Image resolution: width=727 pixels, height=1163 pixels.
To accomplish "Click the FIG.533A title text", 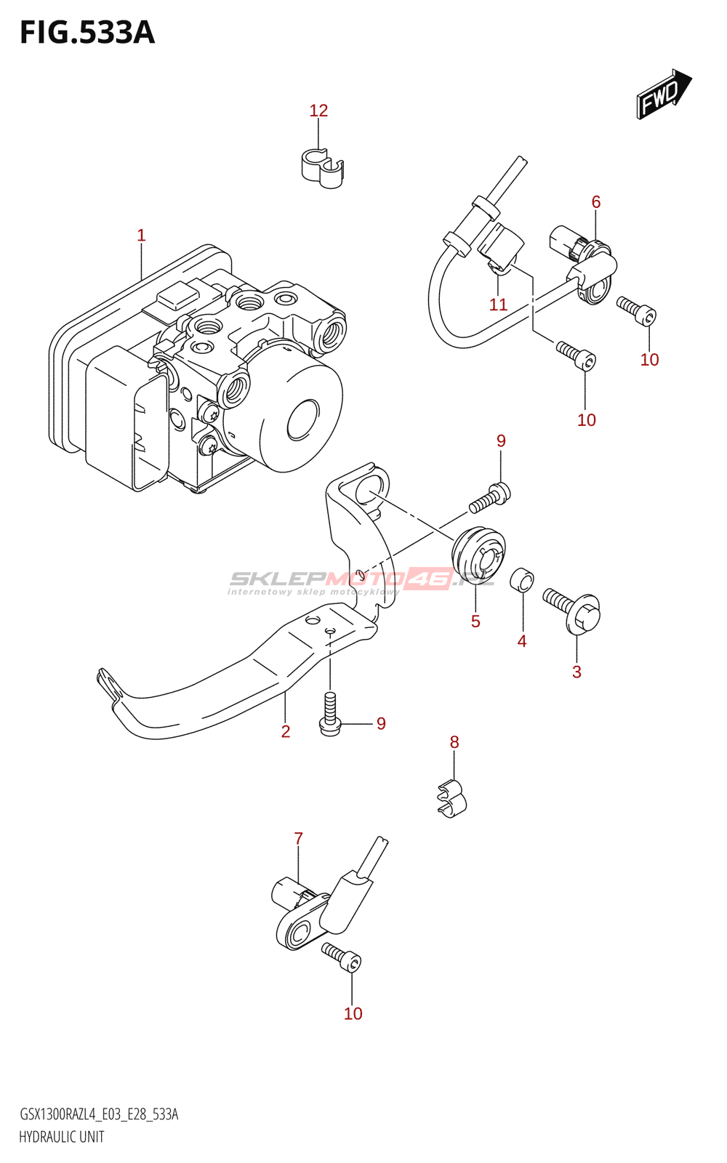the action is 87,33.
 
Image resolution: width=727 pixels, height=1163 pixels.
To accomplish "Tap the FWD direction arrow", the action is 664,94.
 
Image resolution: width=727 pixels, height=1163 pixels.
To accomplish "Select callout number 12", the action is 319,110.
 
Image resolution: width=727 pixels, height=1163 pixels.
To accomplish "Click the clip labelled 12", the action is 323,168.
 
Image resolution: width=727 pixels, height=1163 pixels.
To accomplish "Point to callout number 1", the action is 141,236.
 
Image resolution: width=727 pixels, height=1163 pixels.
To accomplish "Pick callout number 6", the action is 595,201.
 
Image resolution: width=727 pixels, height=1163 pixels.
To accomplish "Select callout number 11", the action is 498,305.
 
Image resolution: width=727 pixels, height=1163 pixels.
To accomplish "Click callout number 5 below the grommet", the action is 475,621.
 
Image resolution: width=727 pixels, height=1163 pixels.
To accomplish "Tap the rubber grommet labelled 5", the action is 478,555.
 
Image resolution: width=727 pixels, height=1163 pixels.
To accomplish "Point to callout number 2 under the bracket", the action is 286,731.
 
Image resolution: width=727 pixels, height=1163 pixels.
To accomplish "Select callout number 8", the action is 454,742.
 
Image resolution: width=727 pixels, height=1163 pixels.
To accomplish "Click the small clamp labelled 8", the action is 452,800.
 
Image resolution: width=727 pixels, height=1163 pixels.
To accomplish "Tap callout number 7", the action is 298,838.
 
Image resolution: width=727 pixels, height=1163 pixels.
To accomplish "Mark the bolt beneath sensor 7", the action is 342,957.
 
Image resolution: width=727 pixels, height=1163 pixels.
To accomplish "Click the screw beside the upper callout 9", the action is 490,497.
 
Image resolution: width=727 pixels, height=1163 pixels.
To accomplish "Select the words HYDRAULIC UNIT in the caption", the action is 62,1137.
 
